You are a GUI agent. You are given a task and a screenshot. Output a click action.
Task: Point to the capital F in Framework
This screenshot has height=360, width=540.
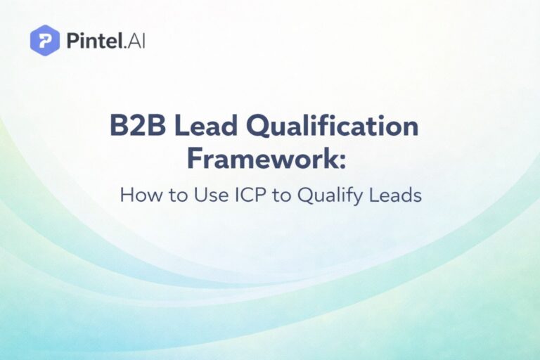click(195, 158)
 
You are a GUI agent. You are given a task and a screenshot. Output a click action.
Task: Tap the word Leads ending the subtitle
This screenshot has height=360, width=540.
click(395, 195)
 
